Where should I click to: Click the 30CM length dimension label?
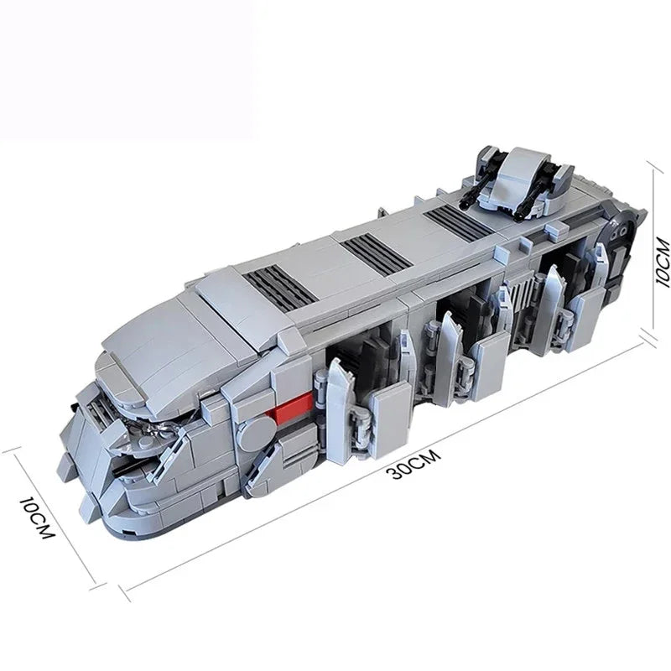pos(414,464)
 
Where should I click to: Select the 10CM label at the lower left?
pos(36,518)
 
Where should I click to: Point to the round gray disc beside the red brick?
pos(256,434)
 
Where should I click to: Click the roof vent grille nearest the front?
pos(280,283)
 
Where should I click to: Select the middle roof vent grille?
pos(377,254)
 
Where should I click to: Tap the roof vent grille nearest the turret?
pos(459,223)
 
